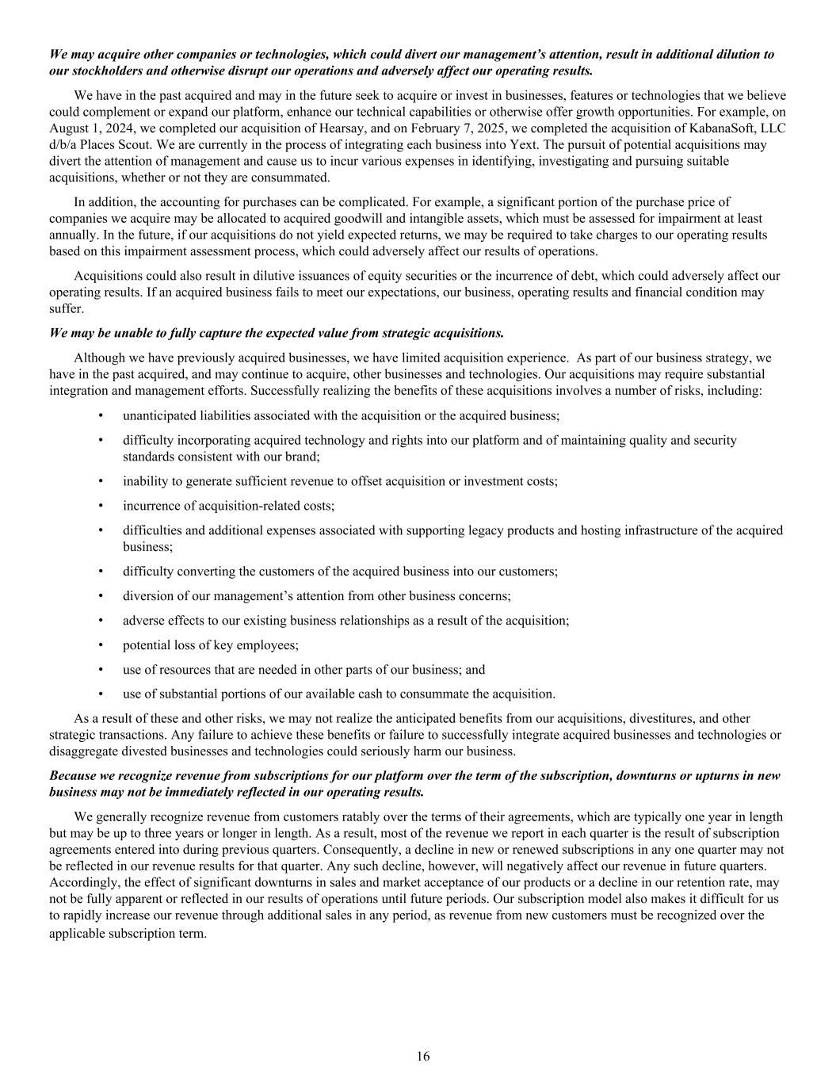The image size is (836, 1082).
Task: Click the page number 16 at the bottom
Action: [423, 1056]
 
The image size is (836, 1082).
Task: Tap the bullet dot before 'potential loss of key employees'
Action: [101, 645]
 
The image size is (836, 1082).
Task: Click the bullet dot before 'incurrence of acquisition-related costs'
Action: [101, 506]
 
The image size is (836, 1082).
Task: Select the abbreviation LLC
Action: [771, 128]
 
